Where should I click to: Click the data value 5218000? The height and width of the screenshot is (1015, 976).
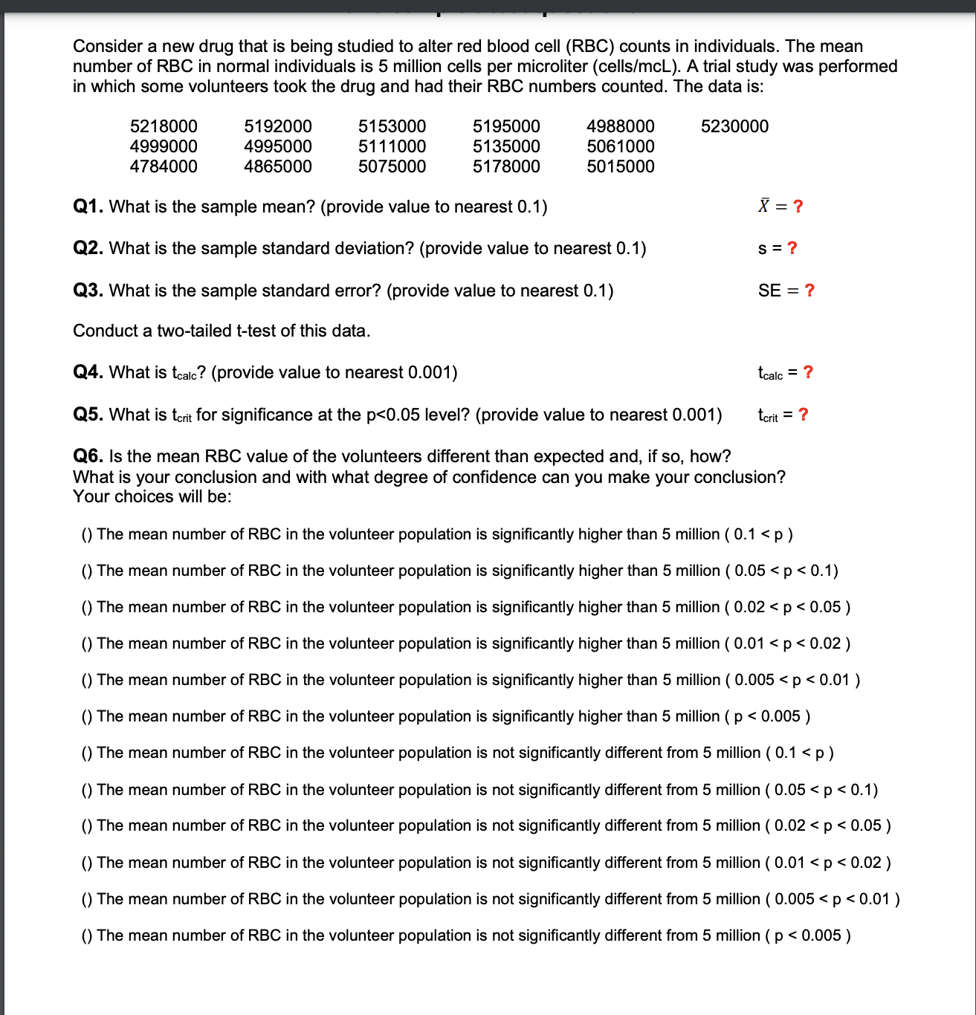[164, 126]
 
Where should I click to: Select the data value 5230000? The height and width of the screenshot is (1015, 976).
[734, 126]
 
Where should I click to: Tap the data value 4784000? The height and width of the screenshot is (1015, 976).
[164, 166]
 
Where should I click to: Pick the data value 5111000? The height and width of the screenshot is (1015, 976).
[392, 146]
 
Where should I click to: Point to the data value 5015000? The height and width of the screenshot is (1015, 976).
[620, 166]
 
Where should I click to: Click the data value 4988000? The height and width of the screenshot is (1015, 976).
[620, 126]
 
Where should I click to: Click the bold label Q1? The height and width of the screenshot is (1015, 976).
[88, 207]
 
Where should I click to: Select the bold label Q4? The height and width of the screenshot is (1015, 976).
[88, 372]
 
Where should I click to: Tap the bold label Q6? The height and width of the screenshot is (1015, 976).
[88, 456]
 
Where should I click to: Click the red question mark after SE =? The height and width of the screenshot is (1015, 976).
[809, 291]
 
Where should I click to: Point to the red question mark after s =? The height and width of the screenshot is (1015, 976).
[792, 248]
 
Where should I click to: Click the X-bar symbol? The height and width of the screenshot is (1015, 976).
[763, 206]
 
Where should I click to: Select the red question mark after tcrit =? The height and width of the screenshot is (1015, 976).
[803, 415]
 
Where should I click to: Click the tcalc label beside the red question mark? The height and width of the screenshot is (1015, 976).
[770, 373]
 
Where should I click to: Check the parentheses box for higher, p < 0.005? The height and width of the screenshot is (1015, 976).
[87, 716]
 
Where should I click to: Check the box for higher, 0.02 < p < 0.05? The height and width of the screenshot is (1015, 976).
[87, 607]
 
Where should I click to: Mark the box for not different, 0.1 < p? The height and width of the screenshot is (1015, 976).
[87, 753]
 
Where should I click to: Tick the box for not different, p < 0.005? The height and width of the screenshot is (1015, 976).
[87, 935]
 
